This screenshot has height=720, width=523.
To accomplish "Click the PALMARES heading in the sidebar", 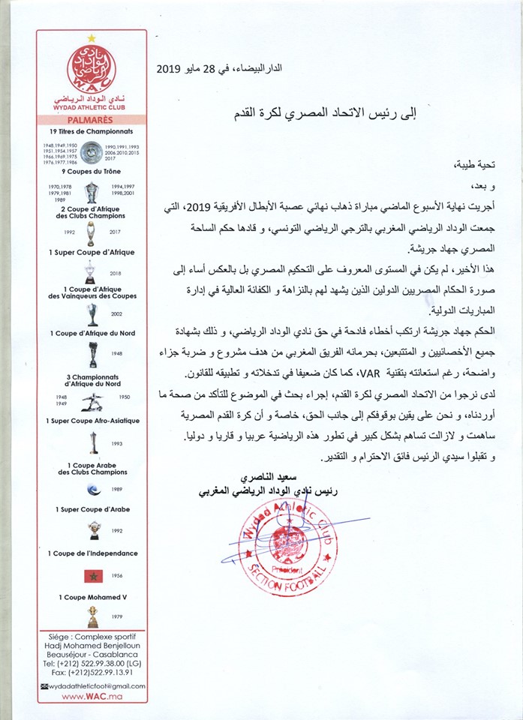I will point(92,118).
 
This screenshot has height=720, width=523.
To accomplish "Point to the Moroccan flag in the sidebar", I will point(92,576).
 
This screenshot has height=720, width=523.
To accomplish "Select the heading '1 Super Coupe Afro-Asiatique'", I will point(92,421).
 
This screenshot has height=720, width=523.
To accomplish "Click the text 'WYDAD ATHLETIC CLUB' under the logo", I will point(92,106).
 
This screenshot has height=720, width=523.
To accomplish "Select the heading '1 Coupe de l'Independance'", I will point(92,553).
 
